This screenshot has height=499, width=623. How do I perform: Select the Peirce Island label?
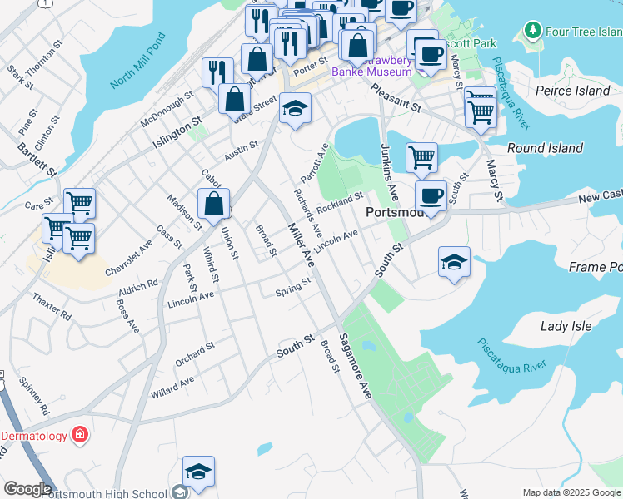(573, 91)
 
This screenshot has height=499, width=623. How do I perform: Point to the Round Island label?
(545, 148)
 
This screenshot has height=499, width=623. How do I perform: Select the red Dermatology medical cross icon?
(80, 434)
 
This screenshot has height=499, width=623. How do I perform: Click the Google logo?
(27, 489)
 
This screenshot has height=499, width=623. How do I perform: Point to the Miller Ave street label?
(301, 243)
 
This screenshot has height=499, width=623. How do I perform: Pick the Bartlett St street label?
(38, 160)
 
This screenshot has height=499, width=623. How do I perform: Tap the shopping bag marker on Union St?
(214, 204)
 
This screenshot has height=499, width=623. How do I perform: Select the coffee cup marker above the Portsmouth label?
(430, 196)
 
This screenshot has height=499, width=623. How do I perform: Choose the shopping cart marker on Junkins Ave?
(421, 156)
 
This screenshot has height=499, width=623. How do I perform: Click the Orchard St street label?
(195, 353)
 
